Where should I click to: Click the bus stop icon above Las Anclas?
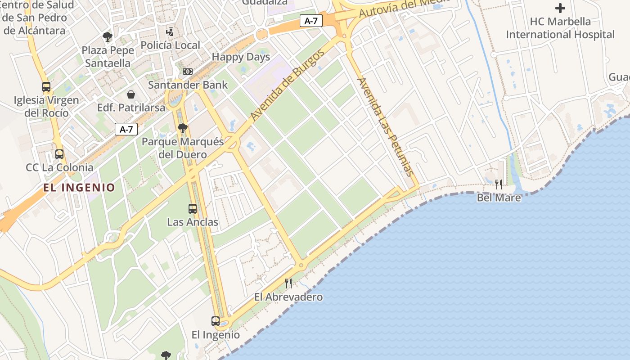point(193,209)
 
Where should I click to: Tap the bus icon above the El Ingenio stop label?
point(216,321)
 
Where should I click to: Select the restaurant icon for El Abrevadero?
point(288,283)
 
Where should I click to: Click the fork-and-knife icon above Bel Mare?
point(499,184)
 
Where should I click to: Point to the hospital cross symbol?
point(560,8)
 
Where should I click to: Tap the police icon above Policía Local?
point(170,32)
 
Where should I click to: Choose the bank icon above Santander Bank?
point(188,72)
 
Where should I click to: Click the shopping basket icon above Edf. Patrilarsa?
point(131,94)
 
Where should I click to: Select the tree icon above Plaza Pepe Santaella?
point(107,37)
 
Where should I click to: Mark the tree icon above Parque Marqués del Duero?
point(182,129)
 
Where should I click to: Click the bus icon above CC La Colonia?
point(59,154)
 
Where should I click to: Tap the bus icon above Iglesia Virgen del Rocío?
point(46,87)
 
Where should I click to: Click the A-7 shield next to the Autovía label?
point(311,21)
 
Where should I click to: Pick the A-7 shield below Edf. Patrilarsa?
point(126,130)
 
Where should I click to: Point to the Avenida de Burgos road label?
point(288,85)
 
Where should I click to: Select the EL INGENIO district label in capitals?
point(79,187)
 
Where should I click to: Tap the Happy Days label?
point(241,57)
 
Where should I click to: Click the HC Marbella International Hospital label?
point(560,28)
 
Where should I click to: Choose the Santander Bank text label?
point(188,85)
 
